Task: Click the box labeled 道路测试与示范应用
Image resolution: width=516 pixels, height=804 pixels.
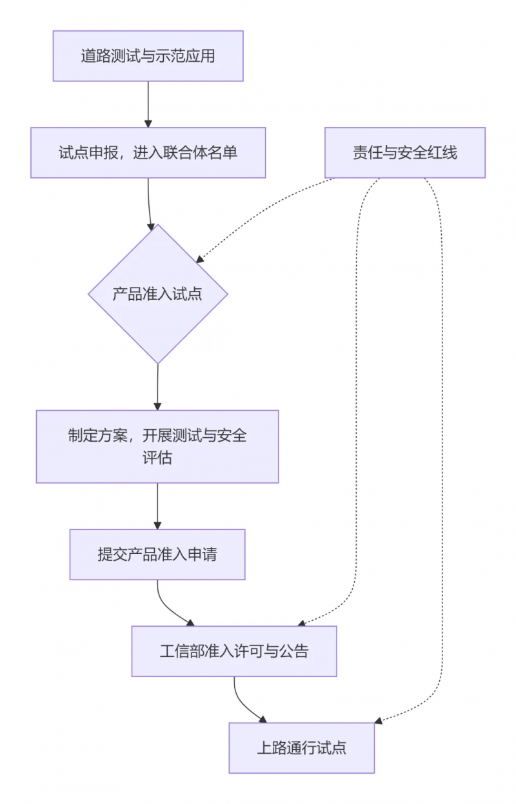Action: tap(148, 56)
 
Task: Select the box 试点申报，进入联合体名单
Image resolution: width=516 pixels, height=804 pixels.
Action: tap(148, 153)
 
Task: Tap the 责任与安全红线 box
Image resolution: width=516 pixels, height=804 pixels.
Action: tap(404, 153)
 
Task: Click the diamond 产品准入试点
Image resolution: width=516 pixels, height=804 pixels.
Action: tap(157, 294)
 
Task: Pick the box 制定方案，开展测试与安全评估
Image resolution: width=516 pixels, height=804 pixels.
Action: tap(157, 446)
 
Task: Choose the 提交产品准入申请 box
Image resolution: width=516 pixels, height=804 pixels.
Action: tap(157, 554)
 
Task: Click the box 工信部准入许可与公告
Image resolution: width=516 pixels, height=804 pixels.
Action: tap(234, 651)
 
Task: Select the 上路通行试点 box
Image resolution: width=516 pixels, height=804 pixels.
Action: tap(301, 748)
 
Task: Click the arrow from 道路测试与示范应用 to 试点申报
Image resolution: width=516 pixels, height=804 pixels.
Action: tap(148, 103)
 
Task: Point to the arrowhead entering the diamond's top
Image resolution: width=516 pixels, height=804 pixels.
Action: tap(152, 226)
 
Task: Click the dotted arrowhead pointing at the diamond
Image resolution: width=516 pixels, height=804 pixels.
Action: tap(200, 259)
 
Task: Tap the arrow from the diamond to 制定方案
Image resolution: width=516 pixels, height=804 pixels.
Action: tap(157, 387)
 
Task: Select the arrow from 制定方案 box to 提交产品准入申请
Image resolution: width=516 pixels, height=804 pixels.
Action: tap(157, 506)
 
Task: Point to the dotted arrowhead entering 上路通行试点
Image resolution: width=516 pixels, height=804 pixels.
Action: tap(379, 720)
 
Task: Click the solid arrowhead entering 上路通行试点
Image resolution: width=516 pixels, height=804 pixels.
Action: tap(262, 719)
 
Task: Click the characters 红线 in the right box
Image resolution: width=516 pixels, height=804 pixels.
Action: tap(444, 153)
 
